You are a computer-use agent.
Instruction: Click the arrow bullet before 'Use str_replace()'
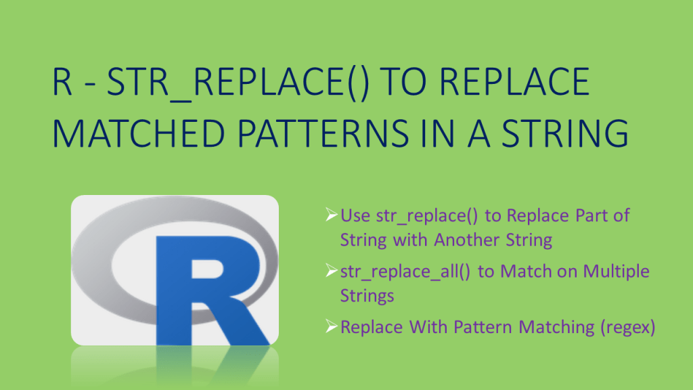tap(331, 215)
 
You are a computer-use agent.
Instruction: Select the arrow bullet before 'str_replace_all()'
tap(331, 271)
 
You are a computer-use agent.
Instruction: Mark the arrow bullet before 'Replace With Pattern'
tap(331, 327)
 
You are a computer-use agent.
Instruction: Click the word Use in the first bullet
tap(355, 216)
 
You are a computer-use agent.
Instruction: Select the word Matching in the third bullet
tap(547, 328)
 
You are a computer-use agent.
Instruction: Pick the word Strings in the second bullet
tap(367, 296)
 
